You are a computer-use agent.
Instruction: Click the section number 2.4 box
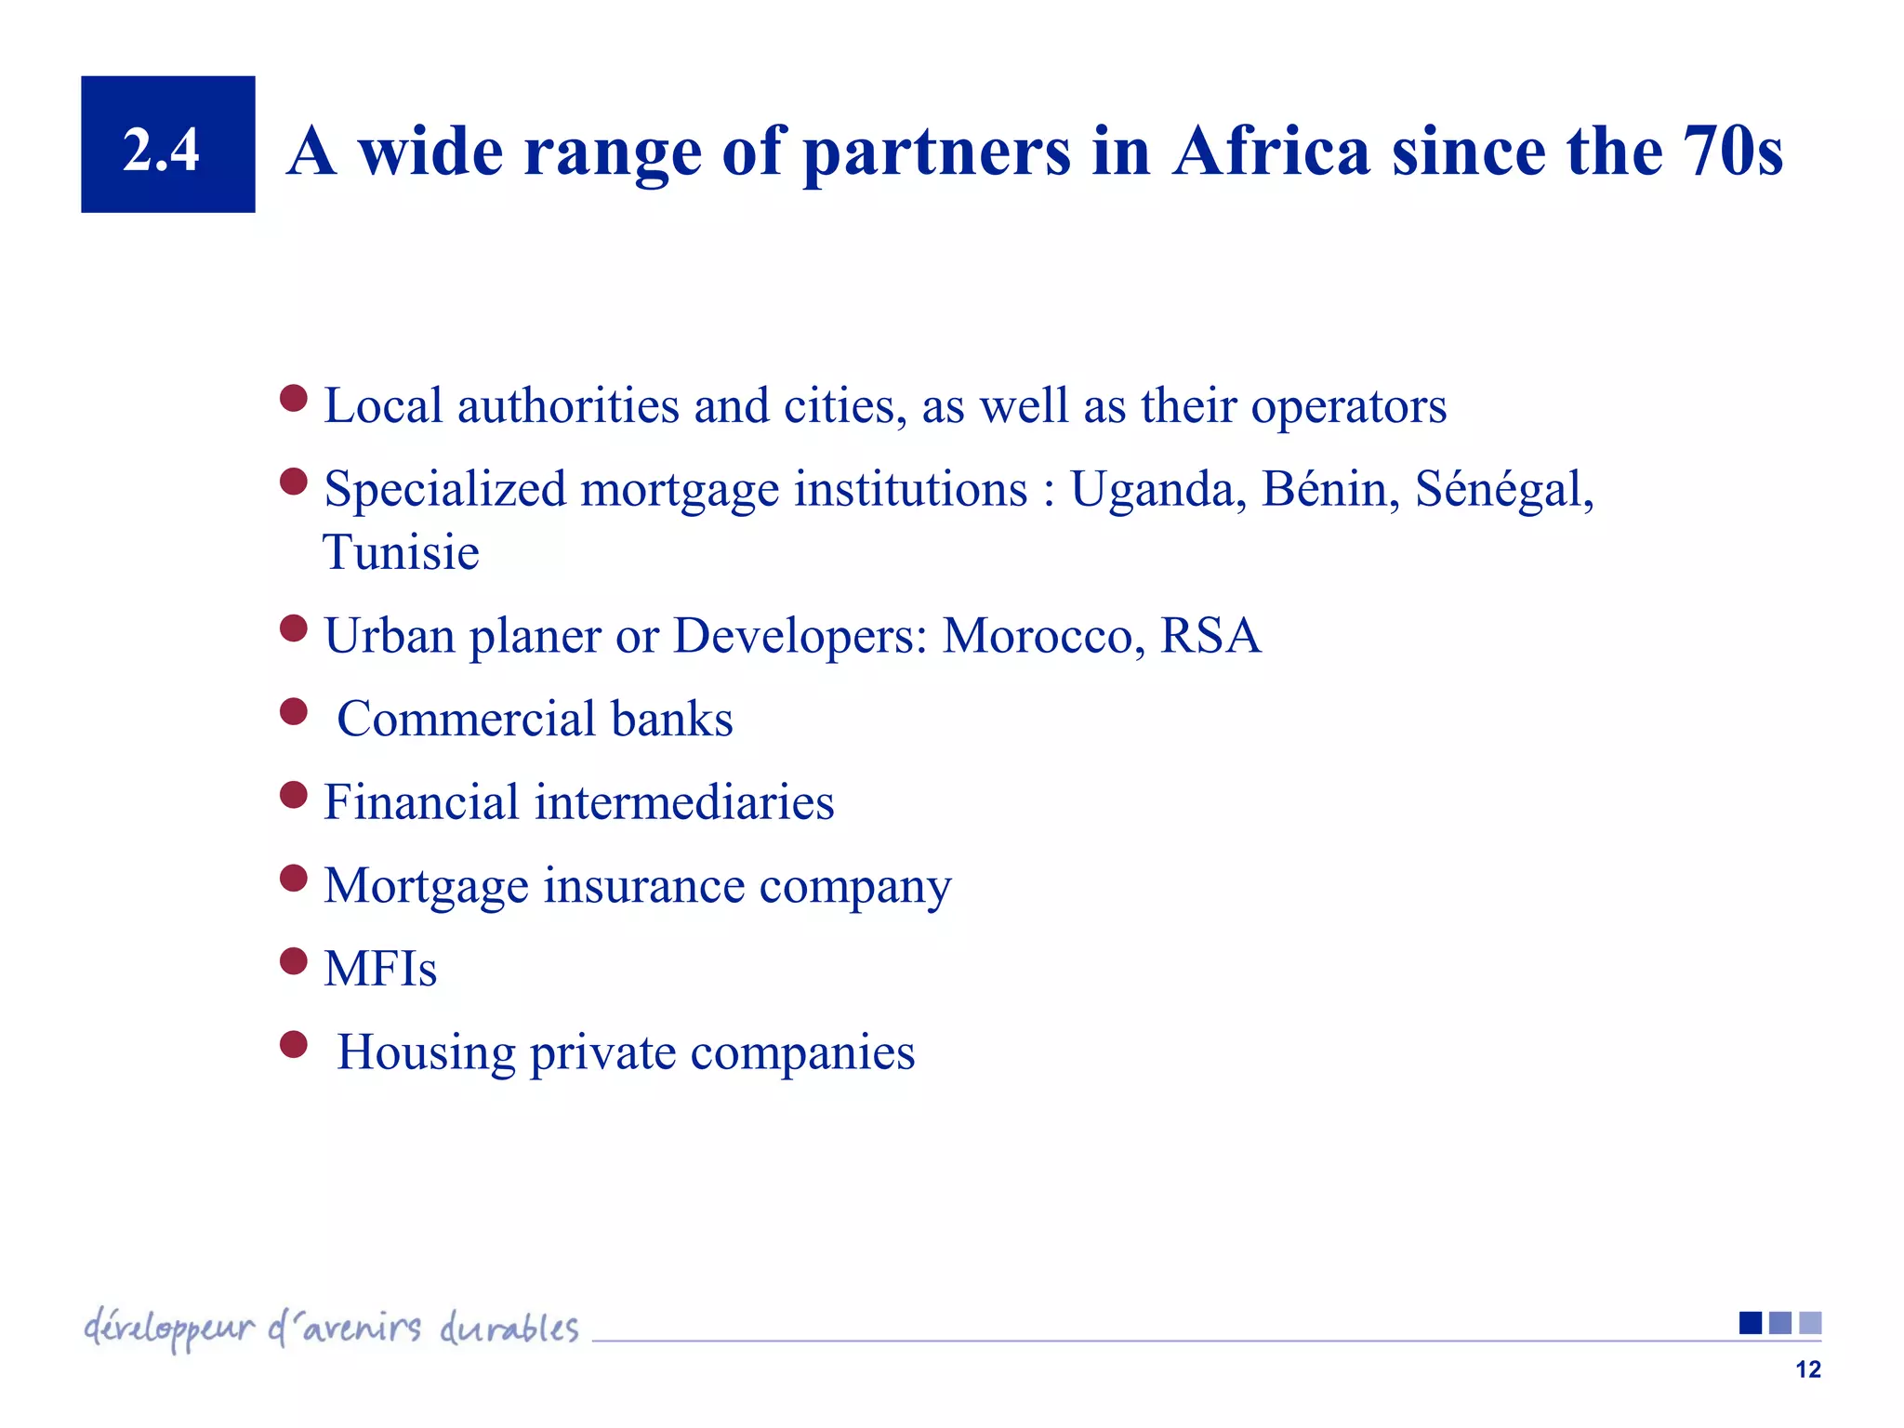pos(167,145)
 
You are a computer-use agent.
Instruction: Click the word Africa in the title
pos(1271,152)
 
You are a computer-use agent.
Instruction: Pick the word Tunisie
pos(401,552)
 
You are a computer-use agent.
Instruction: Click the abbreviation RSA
pos(1210,636)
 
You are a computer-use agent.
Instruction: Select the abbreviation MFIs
pos(379,969)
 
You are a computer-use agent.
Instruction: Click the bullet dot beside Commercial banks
pos(294,712)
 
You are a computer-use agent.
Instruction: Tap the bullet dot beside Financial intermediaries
pos(294,795)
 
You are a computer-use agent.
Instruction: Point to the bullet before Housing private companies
pos(294,1045)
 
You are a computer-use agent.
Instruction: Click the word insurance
pos(643,885)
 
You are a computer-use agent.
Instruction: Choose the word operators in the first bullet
pos(1348,407)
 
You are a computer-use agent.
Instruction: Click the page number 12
pos(1807,1369)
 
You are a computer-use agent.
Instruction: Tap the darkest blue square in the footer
pos(1750,1322)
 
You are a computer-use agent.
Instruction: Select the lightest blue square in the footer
pos(1810,1322)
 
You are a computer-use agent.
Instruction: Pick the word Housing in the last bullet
pos(426,1052)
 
